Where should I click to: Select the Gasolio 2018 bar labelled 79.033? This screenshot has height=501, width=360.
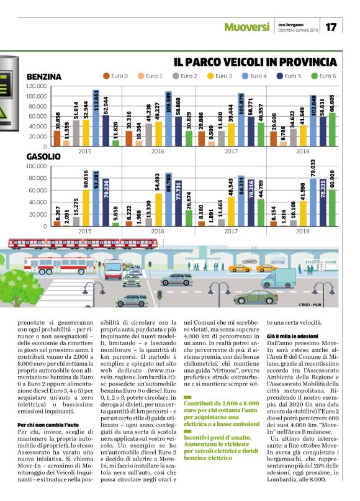[x=313, y=201]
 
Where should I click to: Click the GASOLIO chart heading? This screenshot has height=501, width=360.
[x=43, y=157]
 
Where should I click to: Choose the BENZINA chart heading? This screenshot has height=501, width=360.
[x=44, y=76]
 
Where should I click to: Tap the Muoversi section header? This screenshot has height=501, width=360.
[x=247, y=27]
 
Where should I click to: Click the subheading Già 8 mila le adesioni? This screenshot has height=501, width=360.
[x=294, y=335]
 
